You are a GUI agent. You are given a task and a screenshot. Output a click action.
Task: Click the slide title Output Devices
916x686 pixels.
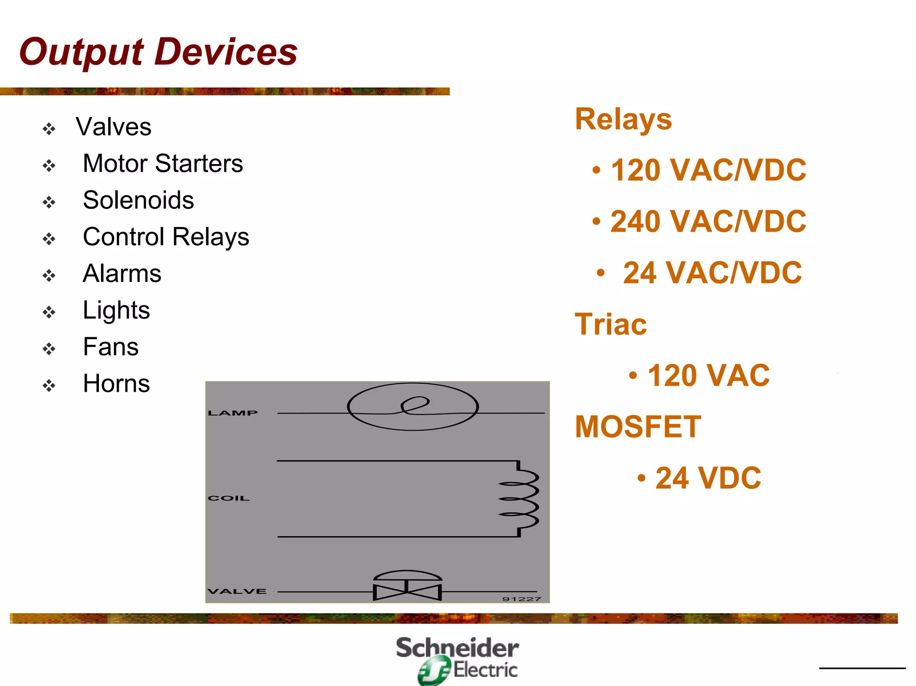pos(158,52)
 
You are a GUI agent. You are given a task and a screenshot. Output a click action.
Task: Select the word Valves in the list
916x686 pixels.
pos(114,127)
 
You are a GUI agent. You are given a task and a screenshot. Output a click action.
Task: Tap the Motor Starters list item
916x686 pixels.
pos(163,163)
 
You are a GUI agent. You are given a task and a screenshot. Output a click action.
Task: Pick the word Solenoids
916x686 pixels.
pos(138,200)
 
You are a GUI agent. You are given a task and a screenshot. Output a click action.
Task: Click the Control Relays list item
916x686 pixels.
pos(166,237)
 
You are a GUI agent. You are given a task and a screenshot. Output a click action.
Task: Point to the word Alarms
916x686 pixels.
pos(122,273)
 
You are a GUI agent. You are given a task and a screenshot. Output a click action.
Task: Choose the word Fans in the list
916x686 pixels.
pos(111,347)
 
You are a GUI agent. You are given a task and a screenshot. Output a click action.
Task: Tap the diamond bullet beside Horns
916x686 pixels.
pos(49,385)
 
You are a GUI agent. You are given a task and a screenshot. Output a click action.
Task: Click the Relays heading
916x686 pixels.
pos(623,119)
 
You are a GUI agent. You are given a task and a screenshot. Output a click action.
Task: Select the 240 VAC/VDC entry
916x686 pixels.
pos(708,221)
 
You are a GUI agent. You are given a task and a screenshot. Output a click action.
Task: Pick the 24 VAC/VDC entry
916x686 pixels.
pos(712,273)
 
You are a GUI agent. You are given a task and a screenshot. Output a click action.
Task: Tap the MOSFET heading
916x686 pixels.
pos(638,427)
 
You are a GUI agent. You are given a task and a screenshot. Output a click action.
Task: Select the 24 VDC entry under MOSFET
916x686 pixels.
pos(708,478)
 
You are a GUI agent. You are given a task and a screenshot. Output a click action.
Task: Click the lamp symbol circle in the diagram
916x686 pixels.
pos(412,407)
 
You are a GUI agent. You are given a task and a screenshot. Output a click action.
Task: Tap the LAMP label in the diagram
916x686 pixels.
pos(233,413)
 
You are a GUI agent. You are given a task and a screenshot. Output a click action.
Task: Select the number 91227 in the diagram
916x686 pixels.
pos(522,599)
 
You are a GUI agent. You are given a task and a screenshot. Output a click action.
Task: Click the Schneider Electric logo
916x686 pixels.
pos(457,660)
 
